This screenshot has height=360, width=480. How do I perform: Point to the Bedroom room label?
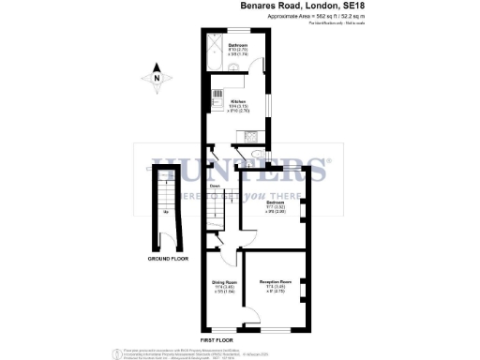(x=276, y=203)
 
